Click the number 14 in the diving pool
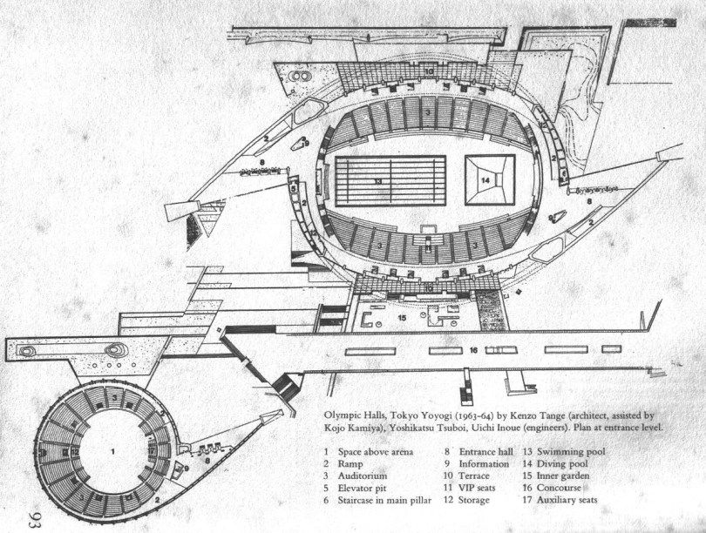pyautogui.click(x=485, y=179)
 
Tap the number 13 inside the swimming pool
pyautogui.click(x=377, y=180)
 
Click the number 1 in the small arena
pyautogui.click(x=113, y=451)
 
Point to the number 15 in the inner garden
pyautogui.click(x=402, y=318)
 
